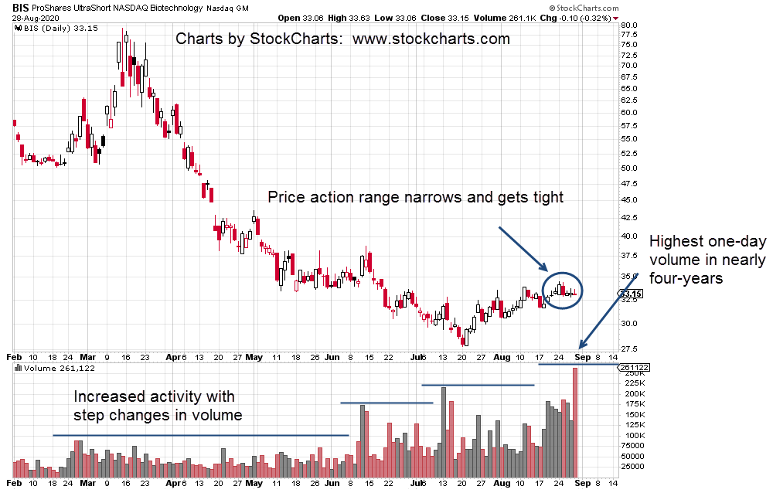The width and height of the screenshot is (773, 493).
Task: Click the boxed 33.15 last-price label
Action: click(x=632, y=294)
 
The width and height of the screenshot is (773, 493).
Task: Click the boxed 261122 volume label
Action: click(x=635, y=368)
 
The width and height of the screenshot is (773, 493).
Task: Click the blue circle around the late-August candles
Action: click(x=562, y=290)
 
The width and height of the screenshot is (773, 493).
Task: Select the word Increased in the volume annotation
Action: click(x=107, y=397)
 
